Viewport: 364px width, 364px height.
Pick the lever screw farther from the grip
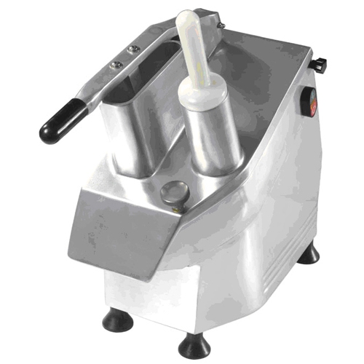pyautogui.click(x=133, y=50)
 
